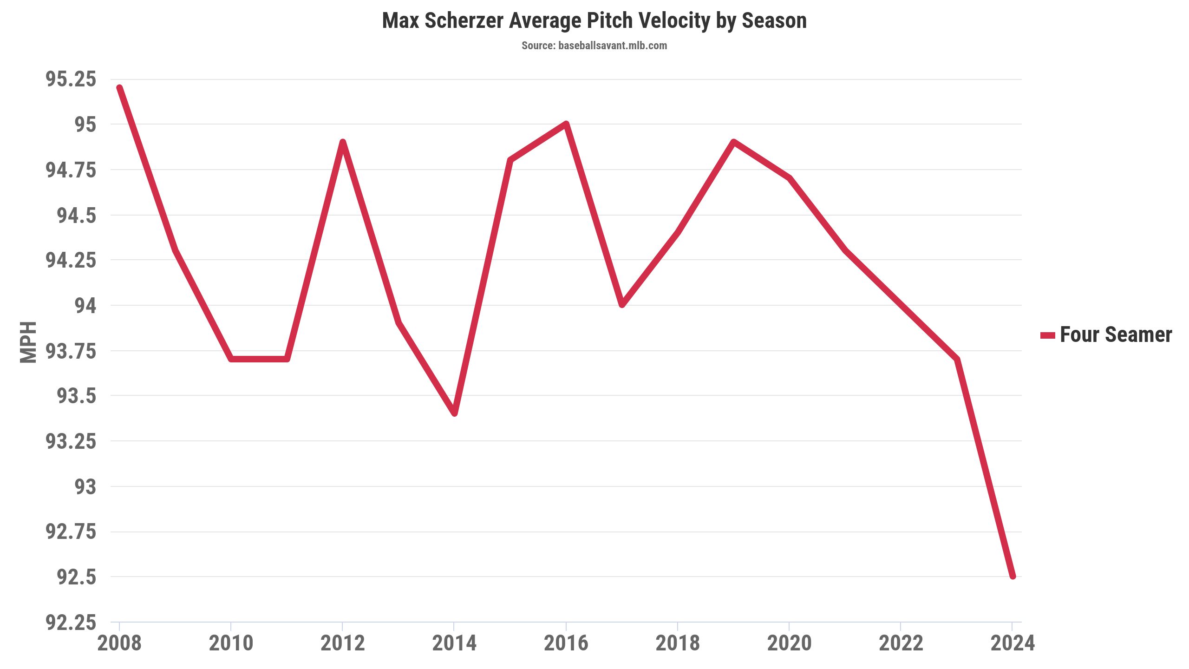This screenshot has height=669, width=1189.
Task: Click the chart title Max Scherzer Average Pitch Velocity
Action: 594,21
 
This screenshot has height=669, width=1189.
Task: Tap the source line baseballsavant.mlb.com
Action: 594,46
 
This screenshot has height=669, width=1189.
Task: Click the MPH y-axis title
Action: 28,342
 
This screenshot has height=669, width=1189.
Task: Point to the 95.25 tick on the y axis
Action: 71,79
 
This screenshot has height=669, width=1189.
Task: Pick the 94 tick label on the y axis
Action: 85,306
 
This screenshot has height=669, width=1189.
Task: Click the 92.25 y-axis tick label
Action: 71,623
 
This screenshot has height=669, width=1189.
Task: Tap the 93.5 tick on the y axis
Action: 76,396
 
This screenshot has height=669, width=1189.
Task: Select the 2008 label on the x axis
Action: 119,643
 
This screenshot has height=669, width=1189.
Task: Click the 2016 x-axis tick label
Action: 566,643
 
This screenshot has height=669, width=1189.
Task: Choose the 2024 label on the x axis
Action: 1013,643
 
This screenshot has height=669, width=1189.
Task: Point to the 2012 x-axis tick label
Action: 343,643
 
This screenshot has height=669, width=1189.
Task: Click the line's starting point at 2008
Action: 120,88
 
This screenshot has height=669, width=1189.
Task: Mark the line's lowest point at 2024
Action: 1013,576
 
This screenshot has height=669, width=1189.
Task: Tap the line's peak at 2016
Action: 566,124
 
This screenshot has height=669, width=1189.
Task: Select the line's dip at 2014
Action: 454,413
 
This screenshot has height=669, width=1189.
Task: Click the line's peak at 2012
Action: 343,142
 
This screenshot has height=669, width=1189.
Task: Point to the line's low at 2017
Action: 622,305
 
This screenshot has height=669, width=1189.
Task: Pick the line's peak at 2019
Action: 733,142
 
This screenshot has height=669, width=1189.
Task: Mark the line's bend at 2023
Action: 957,359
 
